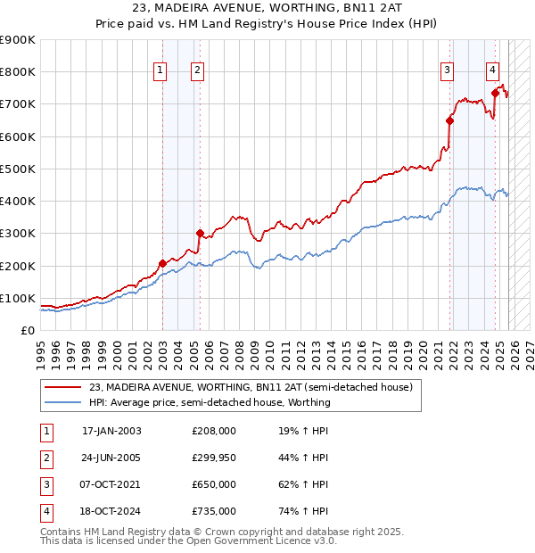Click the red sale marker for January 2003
pyautogui.click(x=162, y=263)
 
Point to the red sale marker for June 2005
pyautogui.click(x=200, y=233)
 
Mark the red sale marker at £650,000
pyautogui.click(x=450, y=120)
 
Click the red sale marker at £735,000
pyautogui.click(x=495, y=92)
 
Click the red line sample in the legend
pyautogui.click(x=62, y=388)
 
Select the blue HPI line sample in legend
pyautogui.click(x=62, y=402)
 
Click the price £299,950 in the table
pyautogui.click(x=214, y=458)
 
